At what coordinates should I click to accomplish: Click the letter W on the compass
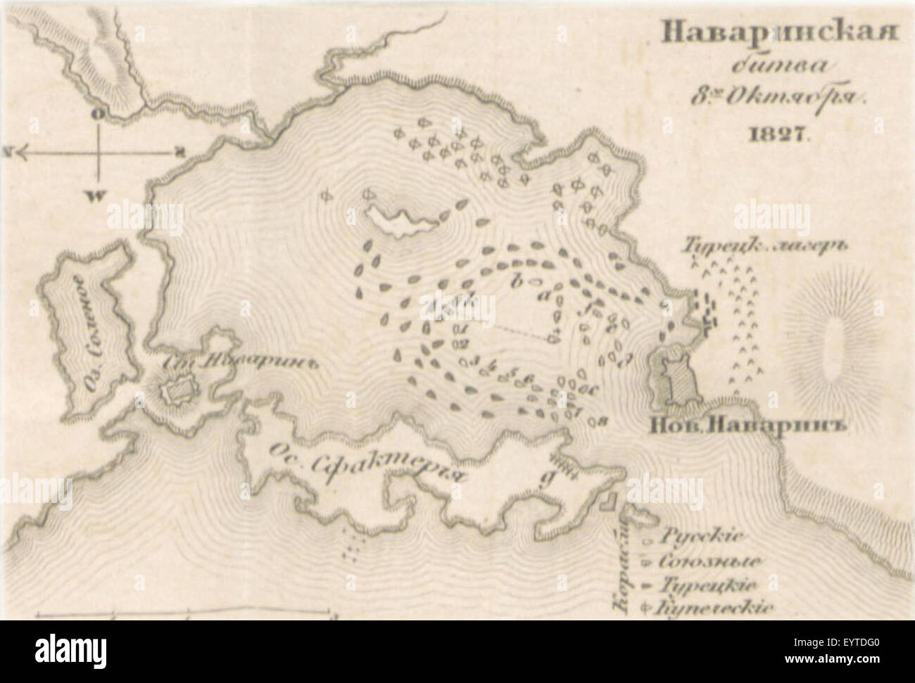(94, 196)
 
